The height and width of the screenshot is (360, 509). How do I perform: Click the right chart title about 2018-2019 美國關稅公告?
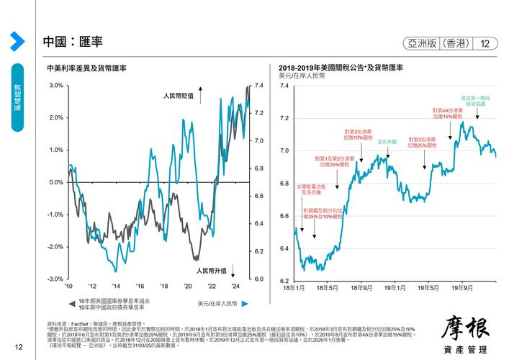point(341,67)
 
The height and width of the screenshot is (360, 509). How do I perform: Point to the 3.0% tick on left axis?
point(56,86)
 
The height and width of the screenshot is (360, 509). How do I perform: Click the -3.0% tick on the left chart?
point(55,279)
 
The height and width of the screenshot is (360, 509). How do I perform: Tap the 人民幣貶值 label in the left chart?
point(179,95)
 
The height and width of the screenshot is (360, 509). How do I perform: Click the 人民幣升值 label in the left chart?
point(212,271)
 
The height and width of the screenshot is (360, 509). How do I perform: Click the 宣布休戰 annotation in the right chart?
point(387,142)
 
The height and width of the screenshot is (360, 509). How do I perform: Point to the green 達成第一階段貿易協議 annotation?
point(476,101)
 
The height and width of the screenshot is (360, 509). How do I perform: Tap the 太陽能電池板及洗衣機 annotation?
point(312,189)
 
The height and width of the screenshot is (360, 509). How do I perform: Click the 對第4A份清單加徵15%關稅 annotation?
point(451,113)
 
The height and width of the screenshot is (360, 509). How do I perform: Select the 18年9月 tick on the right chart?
point(361,287)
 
